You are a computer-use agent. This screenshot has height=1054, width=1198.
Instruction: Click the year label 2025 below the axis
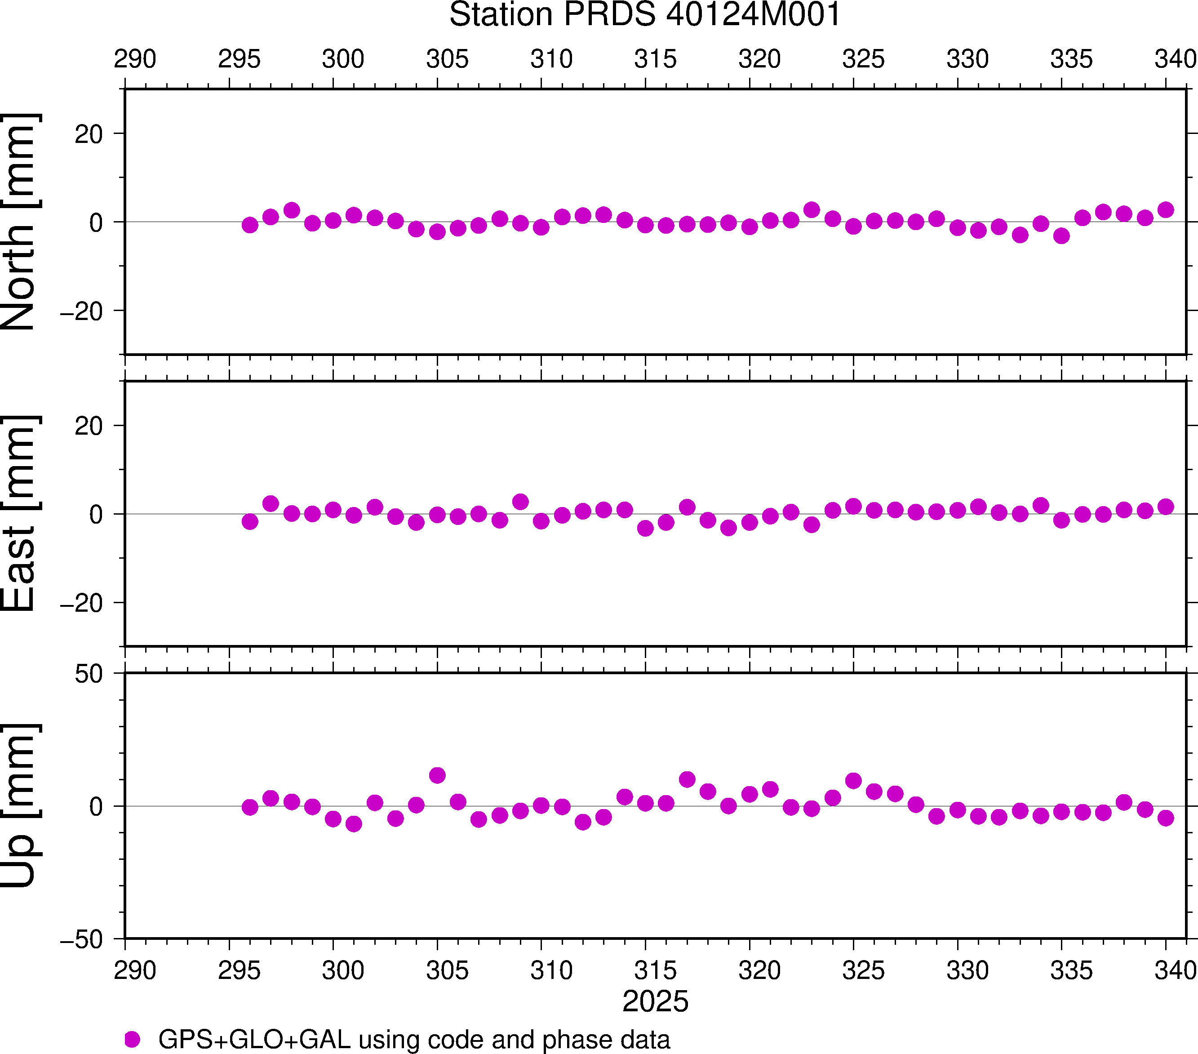(x=655, y=1001)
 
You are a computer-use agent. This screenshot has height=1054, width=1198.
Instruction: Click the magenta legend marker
(x=133, y=1039)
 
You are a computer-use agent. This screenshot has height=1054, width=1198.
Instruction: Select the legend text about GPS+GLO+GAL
(x=414, y=1039)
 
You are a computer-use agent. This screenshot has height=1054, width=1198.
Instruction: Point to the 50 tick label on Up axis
(x=89, y=675)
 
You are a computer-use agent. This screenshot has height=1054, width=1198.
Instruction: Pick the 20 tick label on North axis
(x=89, y=135)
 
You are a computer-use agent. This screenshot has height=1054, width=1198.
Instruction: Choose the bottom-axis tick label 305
(x=447, y=971)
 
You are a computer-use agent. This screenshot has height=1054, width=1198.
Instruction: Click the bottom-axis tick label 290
(x=135, y=971)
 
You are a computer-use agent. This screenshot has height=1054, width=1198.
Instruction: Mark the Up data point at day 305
(x=437, y=775)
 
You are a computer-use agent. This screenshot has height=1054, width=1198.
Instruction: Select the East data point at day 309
(x=520, y=502)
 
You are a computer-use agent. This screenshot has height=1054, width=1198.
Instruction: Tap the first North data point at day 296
(x=250, y=225)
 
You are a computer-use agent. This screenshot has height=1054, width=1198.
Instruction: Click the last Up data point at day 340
(x=1166, y=818)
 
